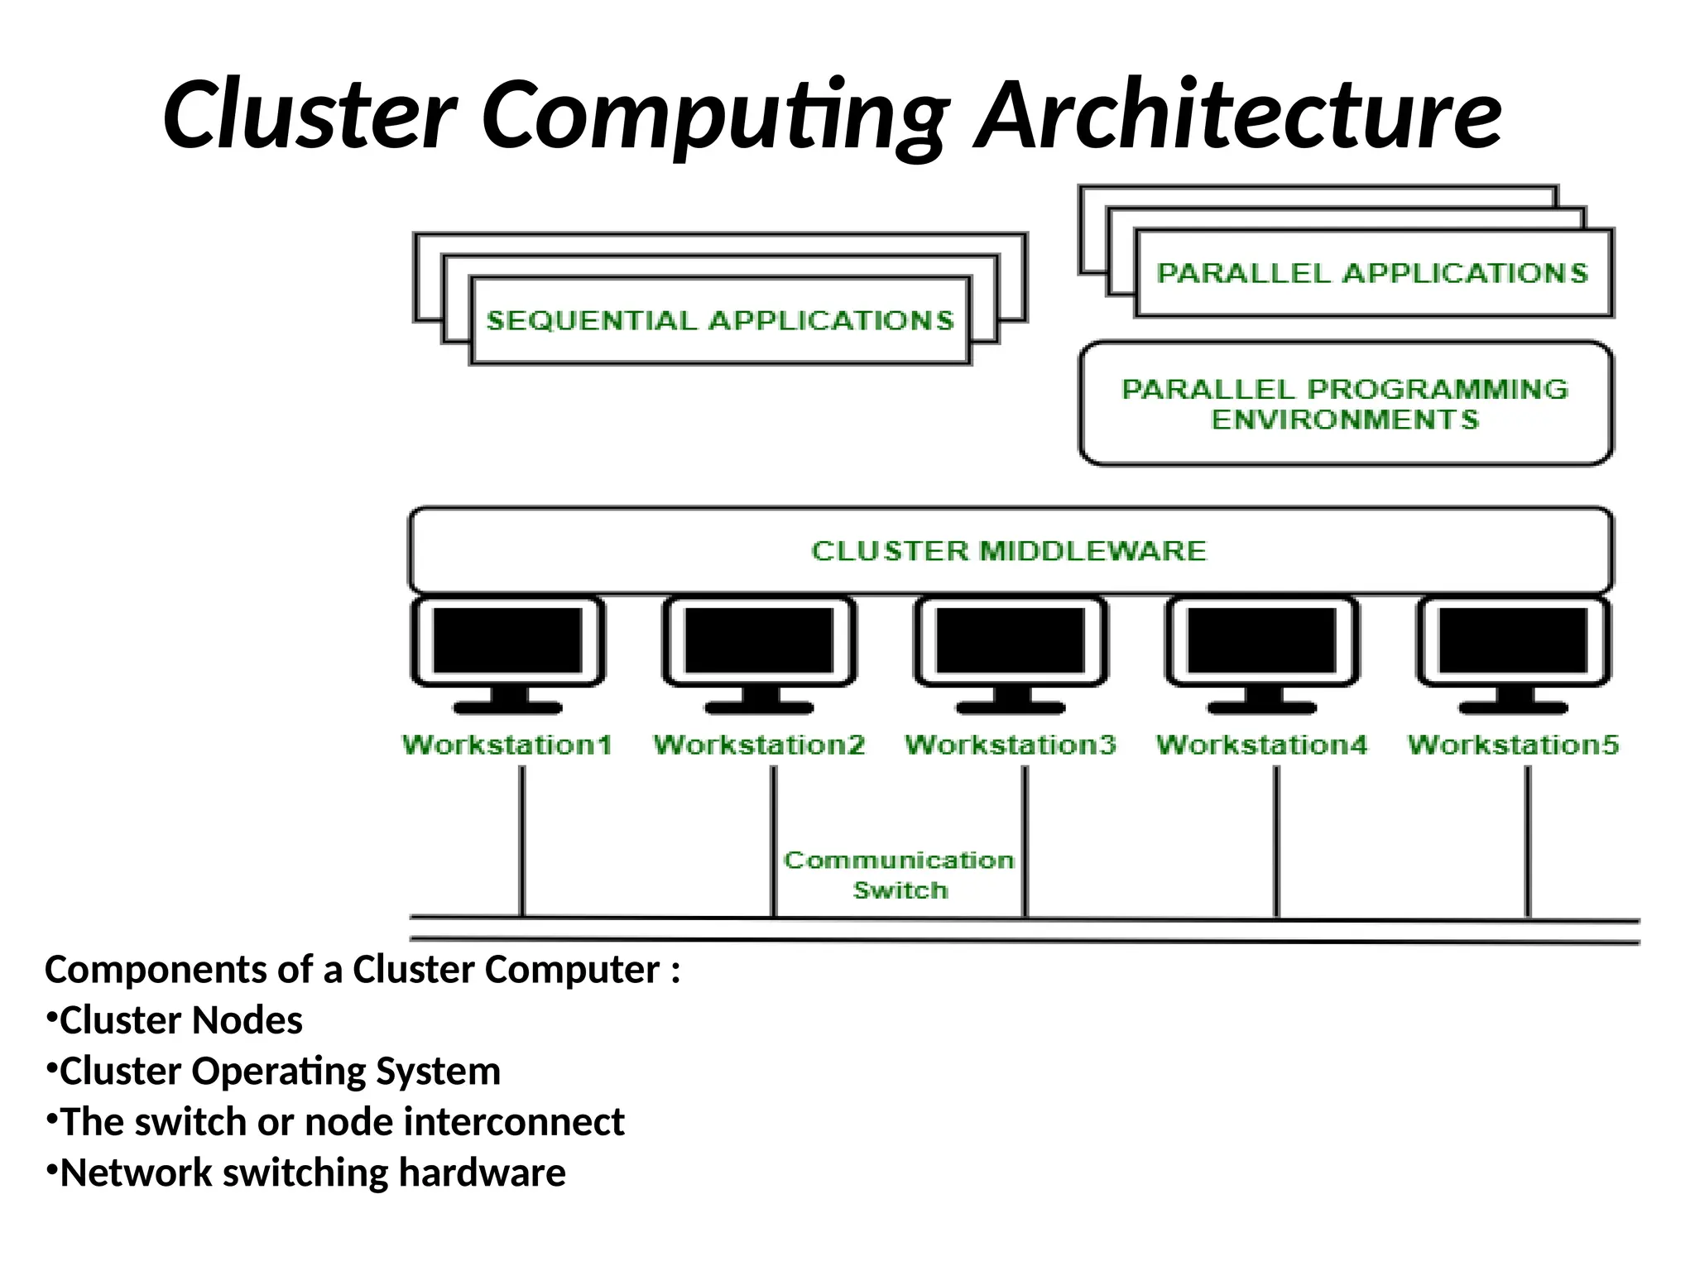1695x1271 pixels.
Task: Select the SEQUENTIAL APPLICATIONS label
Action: (x=719, y=320)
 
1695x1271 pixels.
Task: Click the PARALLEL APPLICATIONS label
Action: (x=1372, y=273)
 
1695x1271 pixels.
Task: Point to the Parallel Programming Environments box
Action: (x=1345, y=404)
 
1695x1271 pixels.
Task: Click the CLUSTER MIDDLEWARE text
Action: (x=1008, y=551)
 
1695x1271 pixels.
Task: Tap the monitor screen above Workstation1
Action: (x=507, y=640)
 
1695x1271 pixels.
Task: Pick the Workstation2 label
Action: (x=759, y=745)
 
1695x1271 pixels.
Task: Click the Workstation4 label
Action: (x=1261, y=745)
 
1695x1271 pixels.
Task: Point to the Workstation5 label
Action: (x=1513, y=745)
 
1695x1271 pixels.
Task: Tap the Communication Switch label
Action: (x=900, y=875)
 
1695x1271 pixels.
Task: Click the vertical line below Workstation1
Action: (x=522, y=840)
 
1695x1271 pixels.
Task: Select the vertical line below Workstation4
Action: (x=1276, y=840)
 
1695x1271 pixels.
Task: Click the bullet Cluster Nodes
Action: (x=180, y=1020)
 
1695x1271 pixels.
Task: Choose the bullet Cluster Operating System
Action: (x=280, y=1071)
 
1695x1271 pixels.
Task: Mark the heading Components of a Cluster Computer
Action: (x=362, y=969)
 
